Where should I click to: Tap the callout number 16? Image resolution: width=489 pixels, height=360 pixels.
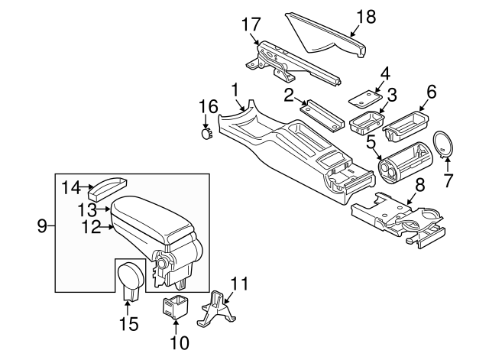tap(209, 106)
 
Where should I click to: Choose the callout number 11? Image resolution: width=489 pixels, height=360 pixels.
tap(239, 284)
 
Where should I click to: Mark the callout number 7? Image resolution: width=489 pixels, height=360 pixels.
tap(449, 181)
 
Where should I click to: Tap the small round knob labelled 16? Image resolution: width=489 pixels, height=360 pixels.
tap(205, 134)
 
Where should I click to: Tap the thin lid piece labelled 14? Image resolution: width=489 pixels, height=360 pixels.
tap(108, 186)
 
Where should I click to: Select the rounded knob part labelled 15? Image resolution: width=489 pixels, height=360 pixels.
tap(131, 277)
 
